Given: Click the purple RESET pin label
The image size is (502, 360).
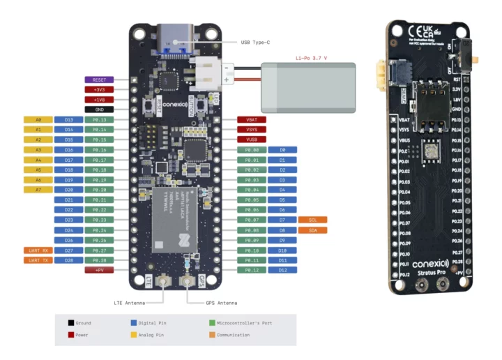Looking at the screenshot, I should pyautogui.click(x=99, y=80).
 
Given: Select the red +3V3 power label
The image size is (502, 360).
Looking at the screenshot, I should pyautogui.click(x=99, y=89).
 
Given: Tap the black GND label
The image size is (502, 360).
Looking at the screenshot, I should pyautogui.click(x=99, y=110).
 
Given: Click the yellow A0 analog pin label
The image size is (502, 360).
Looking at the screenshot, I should pyautogui.click(x=38, y=120).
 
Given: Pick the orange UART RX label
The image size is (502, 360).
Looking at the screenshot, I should pyautogui.click(x=38, y=249).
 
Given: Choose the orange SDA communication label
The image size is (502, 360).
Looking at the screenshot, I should pyautogui.click(x=313, y=230).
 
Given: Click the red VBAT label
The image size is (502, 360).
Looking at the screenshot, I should pyautogui.click(x=252, y=120).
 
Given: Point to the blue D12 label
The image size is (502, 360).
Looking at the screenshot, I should pyautogui.click(x=282, y=269).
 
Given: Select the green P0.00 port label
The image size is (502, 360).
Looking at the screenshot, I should pyautogui.click(x=252, y=150).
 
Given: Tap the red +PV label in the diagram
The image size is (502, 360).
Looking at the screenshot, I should pyautogui.click(x=99, y=269).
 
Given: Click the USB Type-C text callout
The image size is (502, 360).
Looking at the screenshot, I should pyautogui.click(x=255, y=43).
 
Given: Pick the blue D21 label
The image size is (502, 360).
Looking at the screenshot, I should pyautogui.click(x=68, y=200).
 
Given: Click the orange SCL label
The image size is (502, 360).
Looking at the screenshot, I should pyautogui.click(x=313, y=220).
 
